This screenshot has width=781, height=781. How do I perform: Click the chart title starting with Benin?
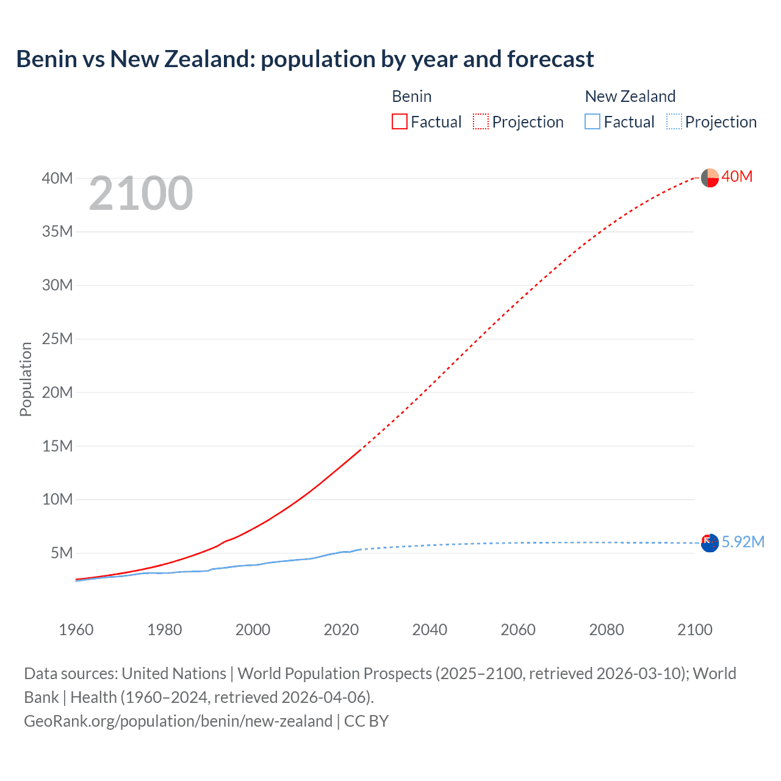(x=304, y=59)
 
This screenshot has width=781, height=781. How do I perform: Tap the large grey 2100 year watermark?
(x=141, y=193)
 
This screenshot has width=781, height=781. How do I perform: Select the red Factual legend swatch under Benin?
(x=400, y=121)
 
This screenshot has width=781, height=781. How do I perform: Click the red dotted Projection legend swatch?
(x=481, y=121)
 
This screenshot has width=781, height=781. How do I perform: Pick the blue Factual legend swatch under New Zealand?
(x=592, y=121)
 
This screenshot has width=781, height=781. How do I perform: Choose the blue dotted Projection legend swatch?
(x=674, y=121)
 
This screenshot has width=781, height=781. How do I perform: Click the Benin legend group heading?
(x=412, y=96)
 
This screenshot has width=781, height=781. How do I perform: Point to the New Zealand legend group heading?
(x=630, y=96)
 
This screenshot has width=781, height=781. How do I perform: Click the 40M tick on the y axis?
(x=57, y=178)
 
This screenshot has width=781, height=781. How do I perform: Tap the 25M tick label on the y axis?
(x=57, y=339)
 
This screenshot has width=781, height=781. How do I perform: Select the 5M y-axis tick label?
(x=62, y=553)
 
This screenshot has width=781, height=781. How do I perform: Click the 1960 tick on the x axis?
(x=76, y=630)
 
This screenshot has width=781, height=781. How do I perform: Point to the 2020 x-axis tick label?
(x=341, y=630)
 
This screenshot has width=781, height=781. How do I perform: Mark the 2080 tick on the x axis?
(x=606, y=630)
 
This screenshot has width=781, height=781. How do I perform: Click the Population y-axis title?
(x=26, y=379)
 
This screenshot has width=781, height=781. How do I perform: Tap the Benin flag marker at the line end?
(x=710, y=178)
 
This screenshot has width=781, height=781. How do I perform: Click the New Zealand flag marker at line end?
(x=710, y=543)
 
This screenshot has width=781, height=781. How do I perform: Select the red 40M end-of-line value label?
(x=737, y=177)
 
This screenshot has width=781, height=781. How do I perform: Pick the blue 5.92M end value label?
(x=743, y=542)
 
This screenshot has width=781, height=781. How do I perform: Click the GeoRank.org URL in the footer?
(x=178, y=721)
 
